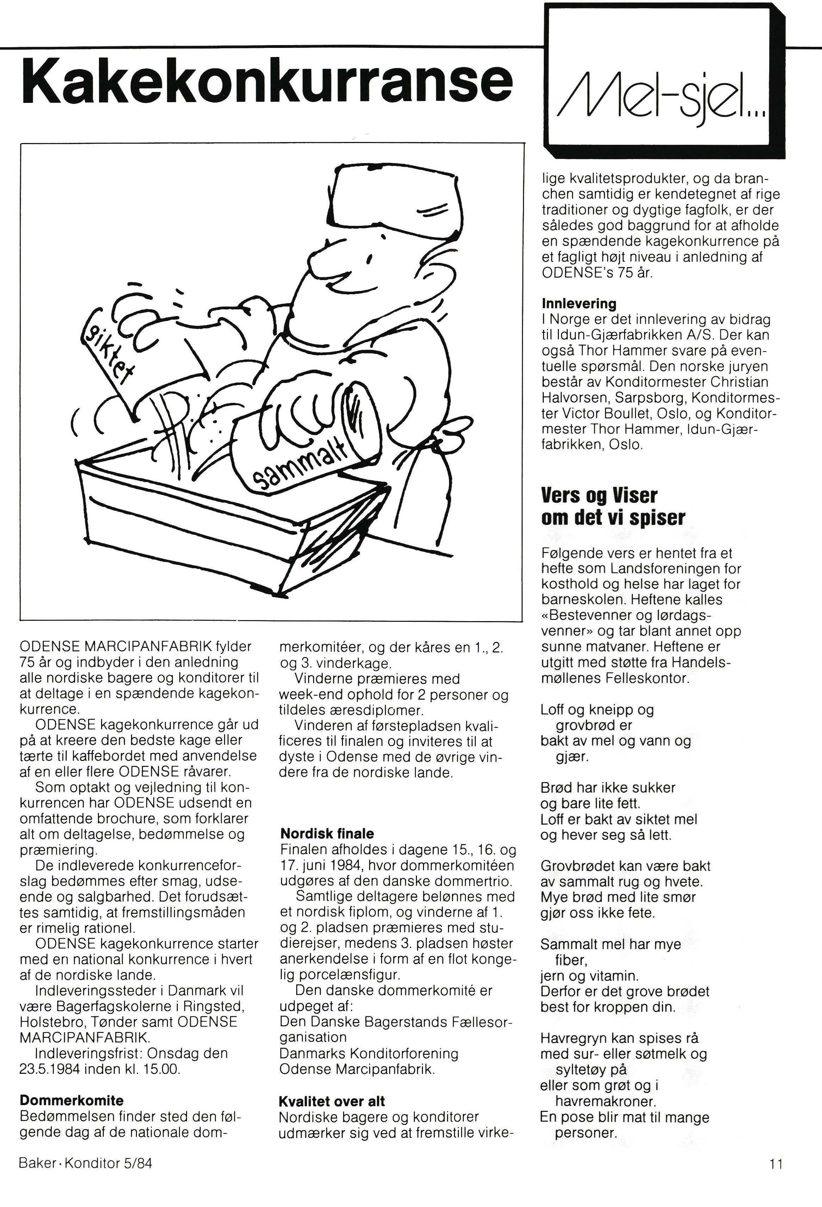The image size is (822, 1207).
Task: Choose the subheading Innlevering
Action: coord(579,303)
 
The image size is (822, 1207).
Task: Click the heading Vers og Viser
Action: coord(599,495)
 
